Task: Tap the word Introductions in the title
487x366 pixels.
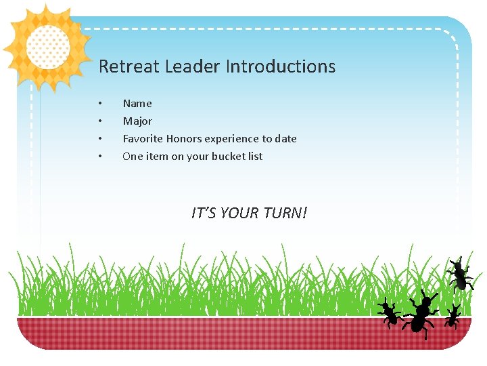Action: (280, 66)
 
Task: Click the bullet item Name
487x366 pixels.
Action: (137, 104)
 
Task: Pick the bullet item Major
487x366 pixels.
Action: (137, 121)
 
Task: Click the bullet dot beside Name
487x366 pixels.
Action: (100, 104)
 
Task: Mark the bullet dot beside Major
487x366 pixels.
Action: (100, 121)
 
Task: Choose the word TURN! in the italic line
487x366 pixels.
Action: (285, 213)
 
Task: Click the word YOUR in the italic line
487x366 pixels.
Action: (240, 213)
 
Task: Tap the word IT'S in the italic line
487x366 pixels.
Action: (204, 213)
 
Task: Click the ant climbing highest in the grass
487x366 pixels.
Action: (460, 275)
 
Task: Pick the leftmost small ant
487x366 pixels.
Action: (389, 313)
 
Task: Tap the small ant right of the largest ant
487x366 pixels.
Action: (453, 317)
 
